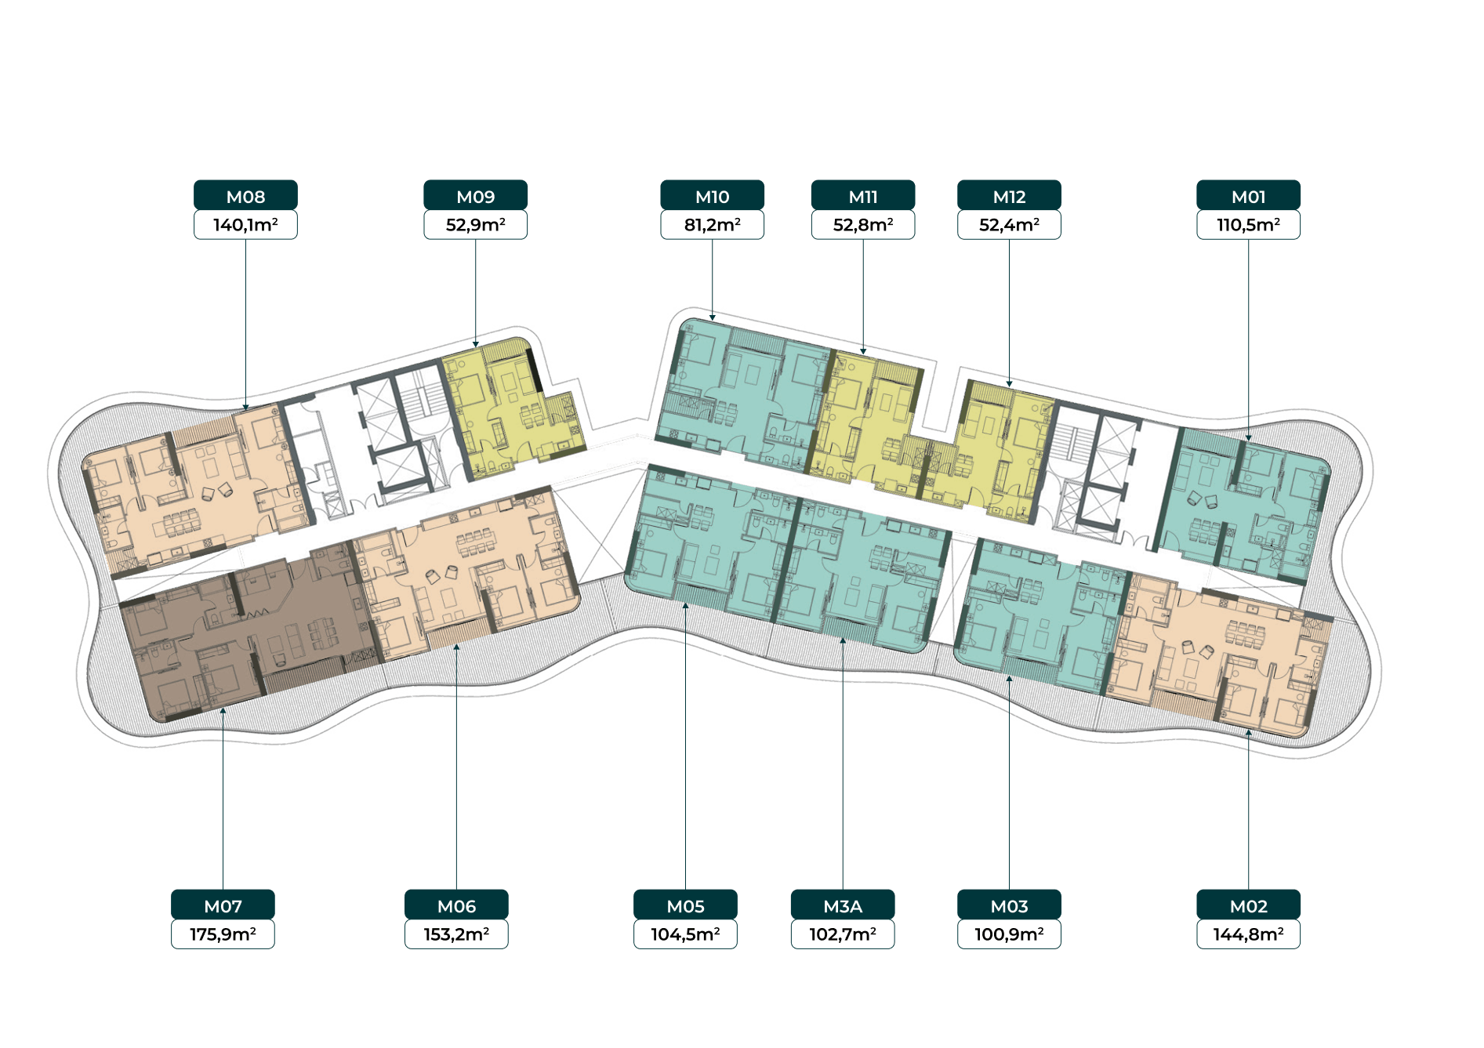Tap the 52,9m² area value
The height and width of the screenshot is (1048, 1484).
(475, 225)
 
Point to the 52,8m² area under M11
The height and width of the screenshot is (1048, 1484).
(863, 225)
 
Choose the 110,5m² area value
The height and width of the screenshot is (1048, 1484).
(1248, 225)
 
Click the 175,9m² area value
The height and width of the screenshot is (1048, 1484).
(223, 934)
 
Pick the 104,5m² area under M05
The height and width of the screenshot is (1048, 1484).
(685, 934)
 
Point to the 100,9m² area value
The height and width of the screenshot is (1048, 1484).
(1009, 934)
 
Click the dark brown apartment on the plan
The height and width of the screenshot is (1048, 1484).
(243, 631)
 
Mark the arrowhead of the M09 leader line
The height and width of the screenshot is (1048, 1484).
(475, 344)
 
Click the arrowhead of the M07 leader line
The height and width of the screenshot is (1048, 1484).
(223, 711)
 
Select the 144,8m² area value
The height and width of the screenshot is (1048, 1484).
(1248, 934)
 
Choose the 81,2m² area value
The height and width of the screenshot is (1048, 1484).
(712, 225)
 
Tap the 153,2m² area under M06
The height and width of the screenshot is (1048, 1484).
(456, 934)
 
